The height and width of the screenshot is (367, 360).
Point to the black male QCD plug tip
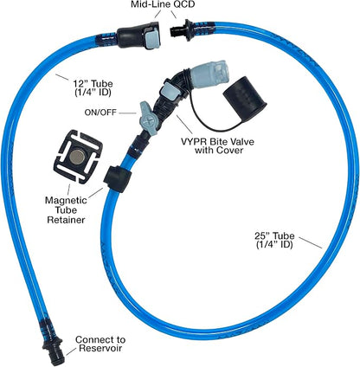(x=175, y=31)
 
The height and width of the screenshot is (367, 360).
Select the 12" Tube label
(x=92, y=88)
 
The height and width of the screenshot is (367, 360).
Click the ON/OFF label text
(x=100, y=113)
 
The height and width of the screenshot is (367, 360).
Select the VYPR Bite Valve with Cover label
(x=217, y=145)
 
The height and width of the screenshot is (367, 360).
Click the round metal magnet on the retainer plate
(x=78, y=156)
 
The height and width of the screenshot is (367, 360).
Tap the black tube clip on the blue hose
(x=118, y=178)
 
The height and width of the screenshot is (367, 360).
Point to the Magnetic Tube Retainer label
(x=66, y=209)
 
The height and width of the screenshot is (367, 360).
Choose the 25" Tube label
(x=274, y=240)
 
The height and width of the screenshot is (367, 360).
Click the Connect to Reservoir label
(x=100, y=344)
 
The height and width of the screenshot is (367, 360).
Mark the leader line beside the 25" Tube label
(x=310, y=242)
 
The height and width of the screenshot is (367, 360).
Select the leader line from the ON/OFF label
(x=127, y=113)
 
